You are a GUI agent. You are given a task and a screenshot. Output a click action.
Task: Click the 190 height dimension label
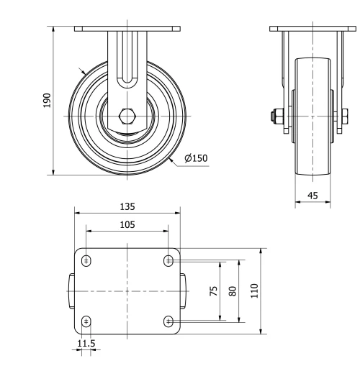pos(47,100)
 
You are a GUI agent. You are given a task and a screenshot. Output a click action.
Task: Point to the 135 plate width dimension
pos(127,206)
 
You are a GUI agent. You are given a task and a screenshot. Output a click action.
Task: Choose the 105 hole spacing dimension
pos(127,224)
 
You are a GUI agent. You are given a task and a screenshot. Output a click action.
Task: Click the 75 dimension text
pos(215,290)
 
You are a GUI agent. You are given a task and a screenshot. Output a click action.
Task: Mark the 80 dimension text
pos(232,290)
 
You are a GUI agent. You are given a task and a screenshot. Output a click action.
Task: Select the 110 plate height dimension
pos(254,290)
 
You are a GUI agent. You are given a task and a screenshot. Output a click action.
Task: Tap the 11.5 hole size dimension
pos(86,344)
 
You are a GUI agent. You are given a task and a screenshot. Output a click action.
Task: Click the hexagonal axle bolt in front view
pos(127,116)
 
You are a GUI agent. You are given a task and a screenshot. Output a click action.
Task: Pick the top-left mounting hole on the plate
pos(86,260)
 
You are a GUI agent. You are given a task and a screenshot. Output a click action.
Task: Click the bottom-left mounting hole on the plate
pos(86,321)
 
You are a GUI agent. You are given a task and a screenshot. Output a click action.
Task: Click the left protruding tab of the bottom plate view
pos(72,290)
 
